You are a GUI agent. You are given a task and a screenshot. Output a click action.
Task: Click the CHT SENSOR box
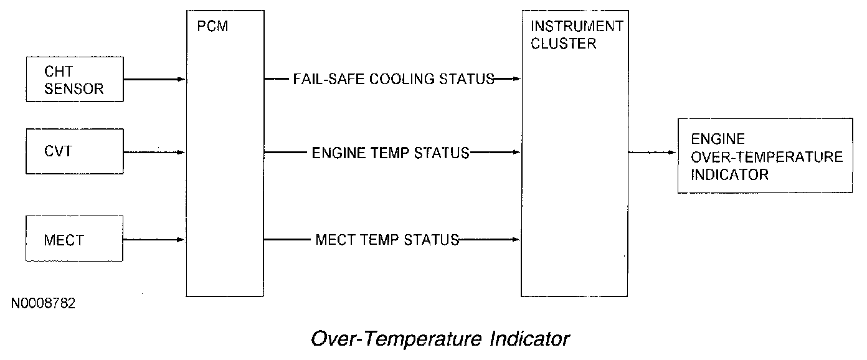(x=74, y=80)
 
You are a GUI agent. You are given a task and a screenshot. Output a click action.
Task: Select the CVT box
(x=74, y=151)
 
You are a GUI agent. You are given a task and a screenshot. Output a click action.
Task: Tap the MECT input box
(x=74, y=239)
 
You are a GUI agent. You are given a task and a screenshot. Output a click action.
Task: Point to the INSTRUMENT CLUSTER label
(x=576, y=35)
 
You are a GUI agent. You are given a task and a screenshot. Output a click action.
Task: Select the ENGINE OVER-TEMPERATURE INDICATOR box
(x=765, y=156)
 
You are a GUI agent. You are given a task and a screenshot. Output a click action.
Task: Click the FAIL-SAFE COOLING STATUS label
(x=394, y=80)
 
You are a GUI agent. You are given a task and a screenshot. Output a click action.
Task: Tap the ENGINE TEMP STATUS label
(x=391, y=153)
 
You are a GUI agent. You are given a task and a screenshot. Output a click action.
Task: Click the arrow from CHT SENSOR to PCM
(x=155, y=80)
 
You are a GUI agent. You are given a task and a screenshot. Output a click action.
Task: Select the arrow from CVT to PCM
(x=155, y=152)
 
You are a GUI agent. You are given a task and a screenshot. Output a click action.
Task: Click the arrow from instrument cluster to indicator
(x=652, y=152)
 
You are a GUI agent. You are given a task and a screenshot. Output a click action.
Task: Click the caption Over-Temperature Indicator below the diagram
(x=440, y=339)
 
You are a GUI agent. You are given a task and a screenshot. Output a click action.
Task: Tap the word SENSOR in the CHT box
(x=74, y=89)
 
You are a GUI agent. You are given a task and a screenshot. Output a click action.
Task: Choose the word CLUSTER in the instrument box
(x=564, y=44)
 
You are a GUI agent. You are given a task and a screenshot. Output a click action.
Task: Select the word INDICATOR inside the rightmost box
(x=729, y=174)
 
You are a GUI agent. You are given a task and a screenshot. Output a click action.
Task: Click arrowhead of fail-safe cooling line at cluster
(x=516, y=80)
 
